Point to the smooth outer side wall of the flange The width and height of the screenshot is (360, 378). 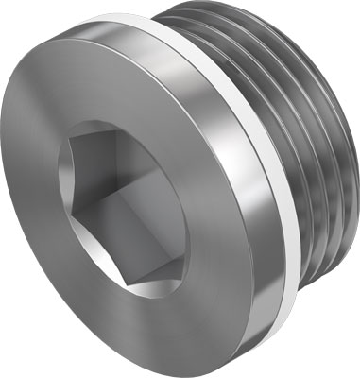[x=231, y=189]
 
